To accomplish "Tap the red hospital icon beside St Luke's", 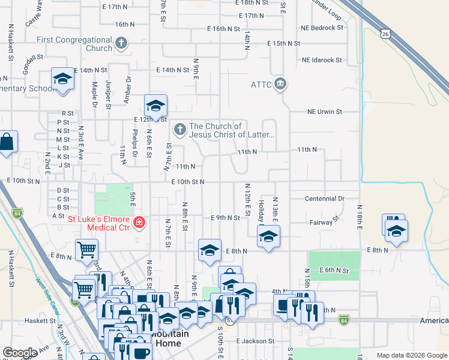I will pos(139,223).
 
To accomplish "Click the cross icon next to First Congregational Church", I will pos(121,43).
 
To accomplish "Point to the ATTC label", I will pos(261,84).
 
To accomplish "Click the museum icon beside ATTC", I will pos(280,84).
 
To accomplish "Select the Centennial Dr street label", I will pos(324,198).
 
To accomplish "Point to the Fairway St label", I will pos(318,223).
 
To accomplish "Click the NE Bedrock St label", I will pos(322,28).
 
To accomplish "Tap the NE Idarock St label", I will pos(322,60).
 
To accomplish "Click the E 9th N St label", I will pos(225,217).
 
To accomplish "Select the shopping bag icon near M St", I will pos(6,143).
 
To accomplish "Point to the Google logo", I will pos(20,353).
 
